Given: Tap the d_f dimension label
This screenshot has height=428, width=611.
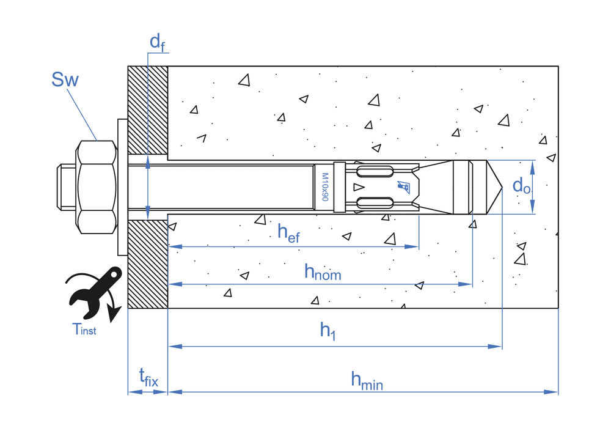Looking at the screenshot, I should click(x=156, y=42).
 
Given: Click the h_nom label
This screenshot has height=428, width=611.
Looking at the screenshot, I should click(x=323, y=271).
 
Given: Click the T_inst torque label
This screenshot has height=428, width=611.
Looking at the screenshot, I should click(x=84, y=330).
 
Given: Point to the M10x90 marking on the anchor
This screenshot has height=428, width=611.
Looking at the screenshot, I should click(x=325, y=186).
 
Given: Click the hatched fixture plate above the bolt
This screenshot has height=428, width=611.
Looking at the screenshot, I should click(x=147, y=110).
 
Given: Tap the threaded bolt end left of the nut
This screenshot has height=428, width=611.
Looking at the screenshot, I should click(x=66, y=186).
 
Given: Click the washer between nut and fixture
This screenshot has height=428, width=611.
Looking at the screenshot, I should click(x=121, y=187).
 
